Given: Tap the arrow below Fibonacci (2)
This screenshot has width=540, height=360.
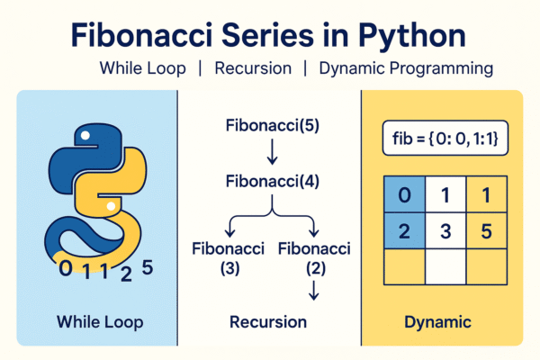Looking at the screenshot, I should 311,290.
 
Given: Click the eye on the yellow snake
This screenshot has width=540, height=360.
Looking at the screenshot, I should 109,207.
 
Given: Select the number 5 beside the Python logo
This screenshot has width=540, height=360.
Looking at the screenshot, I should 148,266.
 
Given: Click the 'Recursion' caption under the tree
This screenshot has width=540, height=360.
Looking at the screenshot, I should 268,321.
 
